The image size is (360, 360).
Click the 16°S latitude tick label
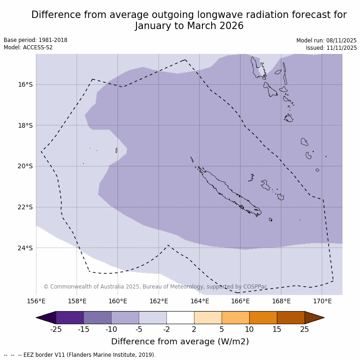pos(25,84)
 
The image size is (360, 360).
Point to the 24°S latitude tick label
pos(25,248)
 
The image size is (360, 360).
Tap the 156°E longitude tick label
pos(36,301)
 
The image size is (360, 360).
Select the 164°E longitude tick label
pos(200,301)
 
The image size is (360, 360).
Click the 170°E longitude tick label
pos(322,301)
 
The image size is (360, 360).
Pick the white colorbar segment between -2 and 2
pos(180,318)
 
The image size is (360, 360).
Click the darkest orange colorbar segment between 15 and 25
pos(291,318)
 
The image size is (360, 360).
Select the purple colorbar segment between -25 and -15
pos(70,318)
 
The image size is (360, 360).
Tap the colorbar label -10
pos(111,329)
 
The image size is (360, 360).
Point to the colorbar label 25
pos(305,329)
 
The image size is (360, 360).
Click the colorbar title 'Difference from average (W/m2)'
pos(180,342)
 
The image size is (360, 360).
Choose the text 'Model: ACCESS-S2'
pos(28,47)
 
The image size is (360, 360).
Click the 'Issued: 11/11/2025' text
pos(331,48)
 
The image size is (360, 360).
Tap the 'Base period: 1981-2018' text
pos(35,40)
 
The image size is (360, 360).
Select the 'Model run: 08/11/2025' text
pos(326,41)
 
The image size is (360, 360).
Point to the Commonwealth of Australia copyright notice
pos(155,287)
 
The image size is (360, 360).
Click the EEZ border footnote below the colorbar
pos(80,355)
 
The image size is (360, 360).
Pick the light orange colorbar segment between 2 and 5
pos(208,318)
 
